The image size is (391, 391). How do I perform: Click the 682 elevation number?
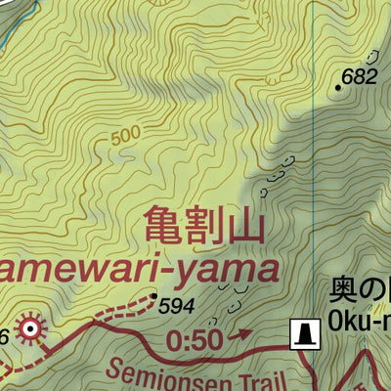[x=360, y=77]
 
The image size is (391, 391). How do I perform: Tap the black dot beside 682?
[x=338, y=87]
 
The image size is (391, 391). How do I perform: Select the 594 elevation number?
[x=176, y=306]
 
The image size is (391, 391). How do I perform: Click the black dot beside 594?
[x=154, y=294]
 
